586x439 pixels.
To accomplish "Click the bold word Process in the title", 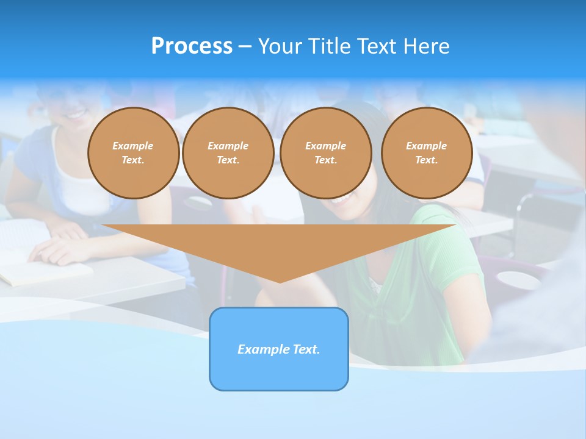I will pos(192,46).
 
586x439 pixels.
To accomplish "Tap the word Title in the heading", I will pos(328,46).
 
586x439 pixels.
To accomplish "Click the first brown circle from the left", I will pos(133,153).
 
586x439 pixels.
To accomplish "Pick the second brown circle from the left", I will pos(228,153).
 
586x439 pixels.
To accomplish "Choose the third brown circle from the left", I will pos(325,153).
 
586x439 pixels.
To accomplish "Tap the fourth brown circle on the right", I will pos(426,153).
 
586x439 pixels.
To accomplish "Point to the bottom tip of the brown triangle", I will pos(280,280).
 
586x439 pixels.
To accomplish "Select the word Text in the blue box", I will pos(306,349).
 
